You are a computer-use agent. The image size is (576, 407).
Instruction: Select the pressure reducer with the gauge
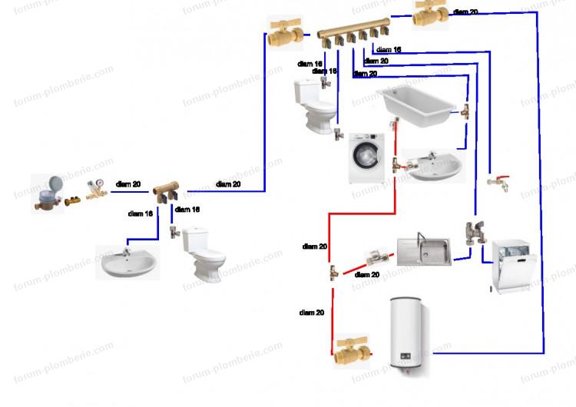tap(96, 188)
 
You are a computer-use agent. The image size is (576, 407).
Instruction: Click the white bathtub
tap(415, 104)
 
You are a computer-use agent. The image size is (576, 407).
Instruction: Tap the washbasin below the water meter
tap(128, 261)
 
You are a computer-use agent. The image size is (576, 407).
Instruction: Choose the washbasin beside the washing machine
tap(435, 166)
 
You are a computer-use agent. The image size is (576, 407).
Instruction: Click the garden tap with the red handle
tap(498, 183)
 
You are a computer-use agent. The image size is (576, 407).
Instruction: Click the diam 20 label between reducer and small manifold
tap(127, 184)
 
